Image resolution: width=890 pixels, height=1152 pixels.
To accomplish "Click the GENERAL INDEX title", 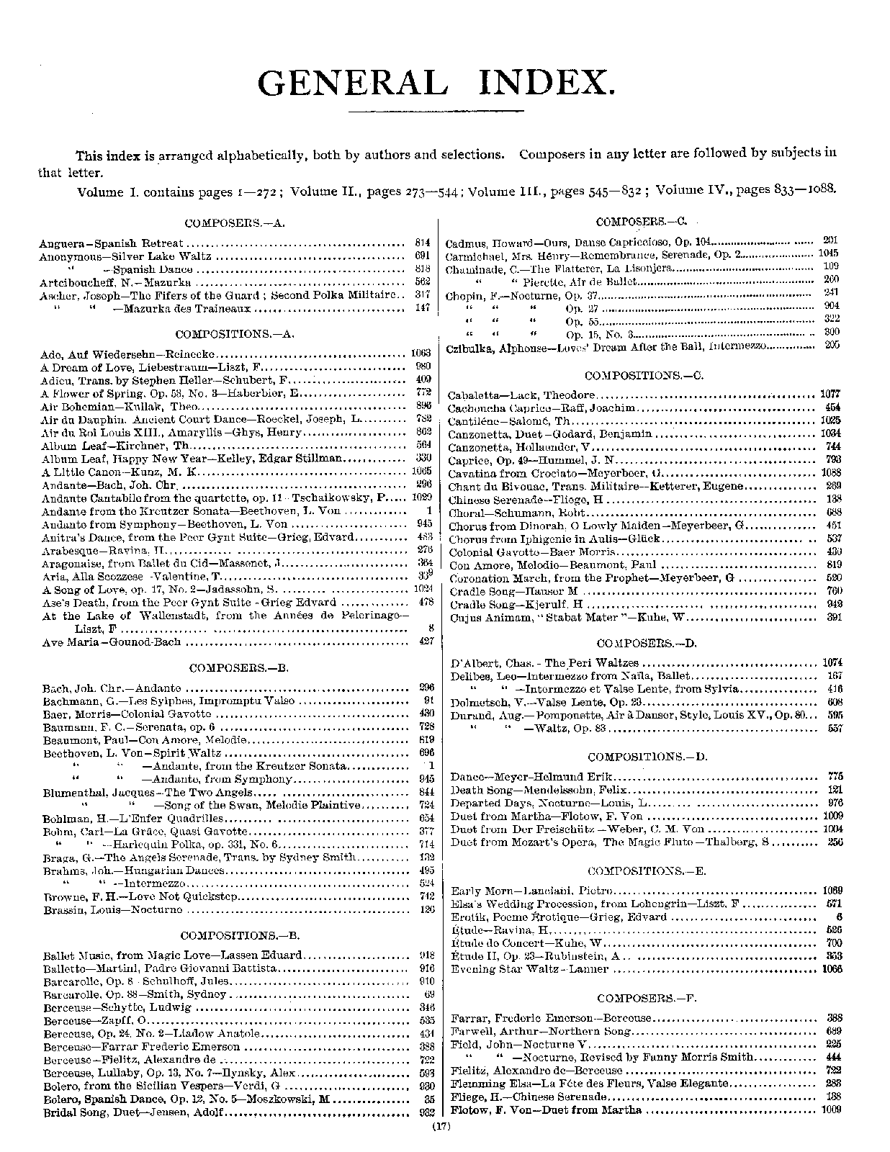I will (x=436, y=83).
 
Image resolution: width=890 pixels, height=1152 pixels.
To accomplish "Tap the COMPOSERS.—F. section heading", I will (x=647, y=998).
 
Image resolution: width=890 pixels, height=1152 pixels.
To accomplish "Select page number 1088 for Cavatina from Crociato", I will (x=831, y=473).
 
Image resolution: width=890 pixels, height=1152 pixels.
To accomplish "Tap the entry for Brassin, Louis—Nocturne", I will (x=113, y=909).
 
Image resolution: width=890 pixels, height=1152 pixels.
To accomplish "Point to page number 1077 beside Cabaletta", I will (x=831, y=395).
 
